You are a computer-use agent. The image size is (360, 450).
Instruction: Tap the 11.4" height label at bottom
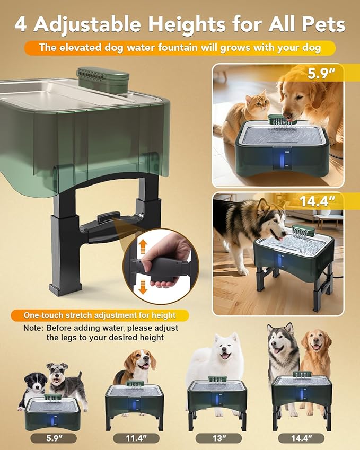tap(136, 438)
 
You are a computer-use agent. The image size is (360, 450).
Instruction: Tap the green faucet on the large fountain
tap(103, 80)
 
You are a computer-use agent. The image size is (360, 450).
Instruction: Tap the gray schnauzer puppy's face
tap(57, 374)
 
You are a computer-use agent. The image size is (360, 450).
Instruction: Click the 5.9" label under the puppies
tap(53, 438)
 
